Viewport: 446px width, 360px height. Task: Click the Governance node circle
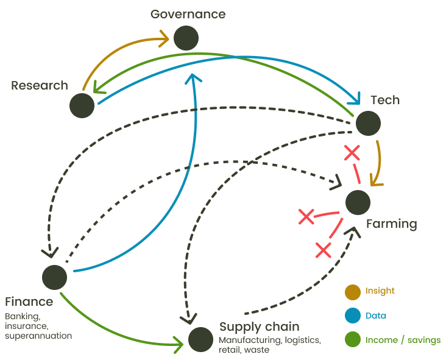point(186,38)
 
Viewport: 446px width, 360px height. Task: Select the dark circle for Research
point(82,105)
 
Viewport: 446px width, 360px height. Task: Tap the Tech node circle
point(368,123)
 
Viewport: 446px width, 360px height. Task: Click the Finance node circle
point(55,277)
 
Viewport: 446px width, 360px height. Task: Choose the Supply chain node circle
point(200,339)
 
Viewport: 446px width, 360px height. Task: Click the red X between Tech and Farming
point(352,154)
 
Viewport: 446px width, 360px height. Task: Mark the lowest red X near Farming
point(323,249)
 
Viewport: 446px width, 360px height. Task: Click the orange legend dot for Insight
point(352,292)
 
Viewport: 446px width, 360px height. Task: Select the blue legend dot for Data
point(352,316)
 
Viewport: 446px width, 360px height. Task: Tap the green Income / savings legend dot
point(352,340)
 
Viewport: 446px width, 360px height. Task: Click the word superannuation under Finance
point(38,336)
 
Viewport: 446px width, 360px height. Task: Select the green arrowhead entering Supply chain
point(179,345)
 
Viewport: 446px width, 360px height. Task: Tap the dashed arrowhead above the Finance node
point(49,252)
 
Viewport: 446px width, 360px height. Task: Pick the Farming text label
point(391,224)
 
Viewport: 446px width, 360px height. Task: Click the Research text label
point(40,85)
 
